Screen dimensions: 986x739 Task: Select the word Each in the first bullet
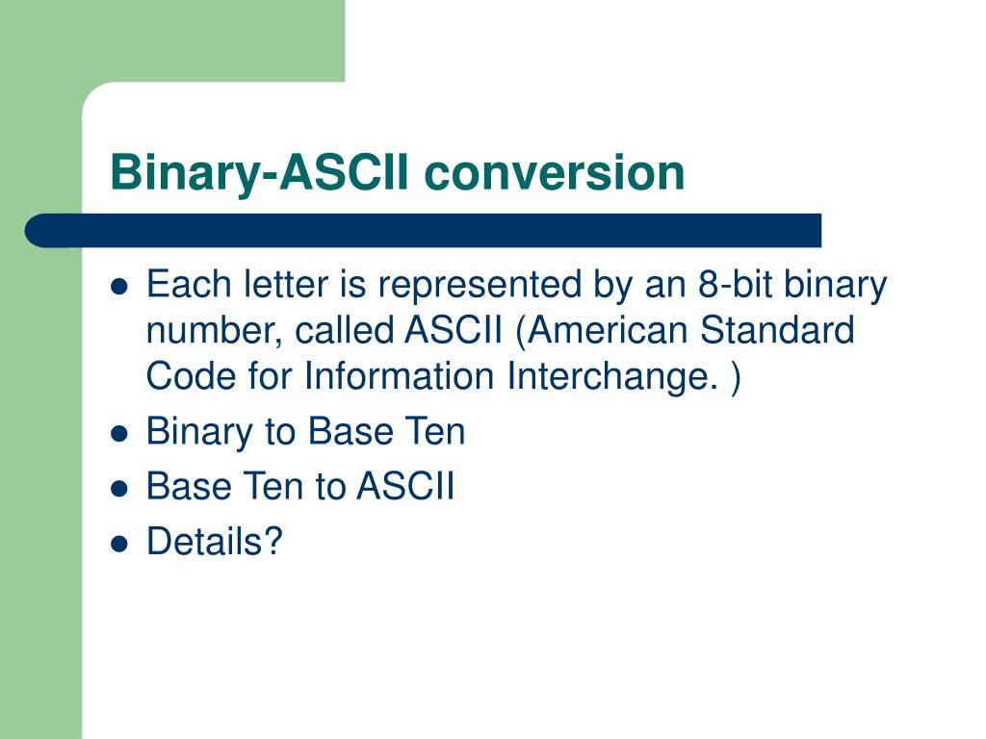189,284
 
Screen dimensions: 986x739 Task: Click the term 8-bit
735,284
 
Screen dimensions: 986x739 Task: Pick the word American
608,330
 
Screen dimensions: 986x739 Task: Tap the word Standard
777,330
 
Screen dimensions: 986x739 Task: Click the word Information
400,376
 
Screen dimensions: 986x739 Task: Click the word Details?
215,541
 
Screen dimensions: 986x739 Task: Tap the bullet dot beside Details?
118,544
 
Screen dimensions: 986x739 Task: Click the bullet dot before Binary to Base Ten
118,434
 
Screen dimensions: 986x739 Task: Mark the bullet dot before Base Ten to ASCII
118,488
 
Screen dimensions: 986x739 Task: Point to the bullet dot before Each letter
118,287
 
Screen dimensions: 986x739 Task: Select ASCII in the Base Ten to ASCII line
405,486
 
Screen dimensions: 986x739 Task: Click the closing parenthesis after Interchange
736,377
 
